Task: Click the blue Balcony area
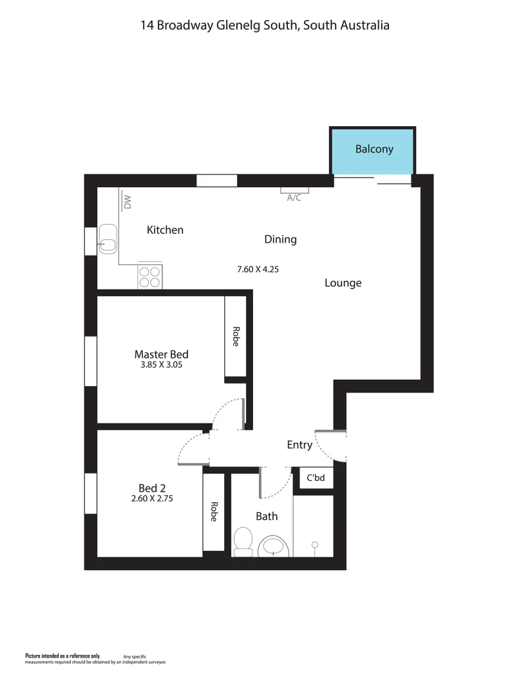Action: coord(373,150)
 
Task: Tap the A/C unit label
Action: coord(294,198)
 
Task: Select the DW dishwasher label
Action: coord(128,202)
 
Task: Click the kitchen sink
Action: coord(108,239)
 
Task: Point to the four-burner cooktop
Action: coord(149,277)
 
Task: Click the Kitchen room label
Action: coord(165,230)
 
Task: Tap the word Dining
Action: coord(280,239)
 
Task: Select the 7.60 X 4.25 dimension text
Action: coord(258,270)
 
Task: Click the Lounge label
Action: coord(343,283)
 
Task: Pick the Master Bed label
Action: coord(161,354)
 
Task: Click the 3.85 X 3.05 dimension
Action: coord(161,365)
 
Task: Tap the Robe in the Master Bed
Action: coord(235,337)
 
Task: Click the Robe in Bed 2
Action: coord(214,512)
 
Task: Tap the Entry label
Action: coord(299,445)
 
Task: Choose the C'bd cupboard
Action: coord(315,478)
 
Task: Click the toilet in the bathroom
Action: coord(243,542)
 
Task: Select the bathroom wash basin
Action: coord(275,548)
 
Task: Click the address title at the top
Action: coord(265,26)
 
